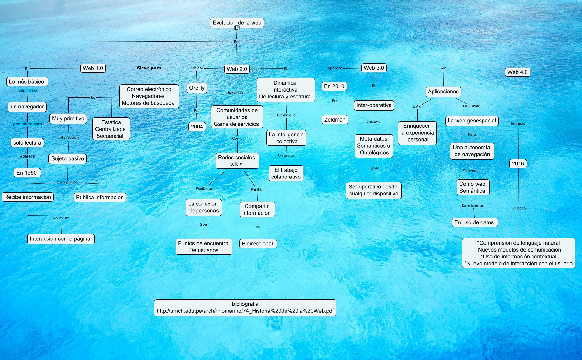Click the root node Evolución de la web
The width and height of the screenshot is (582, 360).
tap(237, 23)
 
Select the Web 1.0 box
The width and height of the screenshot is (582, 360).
tap(93, 68)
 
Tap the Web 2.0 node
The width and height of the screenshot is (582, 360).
tap(237, 69)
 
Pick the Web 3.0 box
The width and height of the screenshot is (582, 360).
tap(374, 68)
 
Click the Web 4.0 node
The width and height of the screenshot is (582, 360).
tap(517, 72)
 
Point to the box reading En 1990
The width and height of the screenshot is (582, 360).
tap(27, 173)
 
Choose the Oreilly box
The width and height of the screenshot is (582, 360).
tap(197, 88)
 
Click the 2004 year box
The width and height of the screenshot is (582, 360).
tap(197, 127)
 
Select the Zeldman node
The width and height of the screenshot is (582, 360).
tap(335, 120)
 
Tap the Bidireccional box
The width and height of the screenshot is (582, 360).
tap(257, 244)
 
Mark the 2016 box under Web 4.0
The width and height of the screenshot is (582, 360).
tap(518, 164)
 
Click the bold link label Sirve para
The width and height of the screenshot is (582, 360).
tap(149, 68)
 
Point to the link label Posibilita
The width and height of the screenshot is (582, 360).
tap(204, 188)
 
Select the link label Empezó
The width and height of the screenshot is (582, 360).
tap(518, 124)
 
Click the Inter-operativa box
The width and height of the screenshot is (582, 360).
tap(374, 105)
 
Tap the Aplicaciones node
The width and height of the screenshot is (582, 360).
tap(443, 92)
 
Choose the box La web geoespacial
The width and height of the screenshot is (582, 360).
tap(472, 121)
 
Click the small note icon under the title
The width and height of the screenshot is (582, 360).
tap(237, 28)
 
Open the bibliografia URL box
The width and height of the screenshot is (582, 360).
tap(245, 308)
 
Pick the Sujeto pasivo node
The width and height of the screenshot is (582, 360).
tap(68, 158)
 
